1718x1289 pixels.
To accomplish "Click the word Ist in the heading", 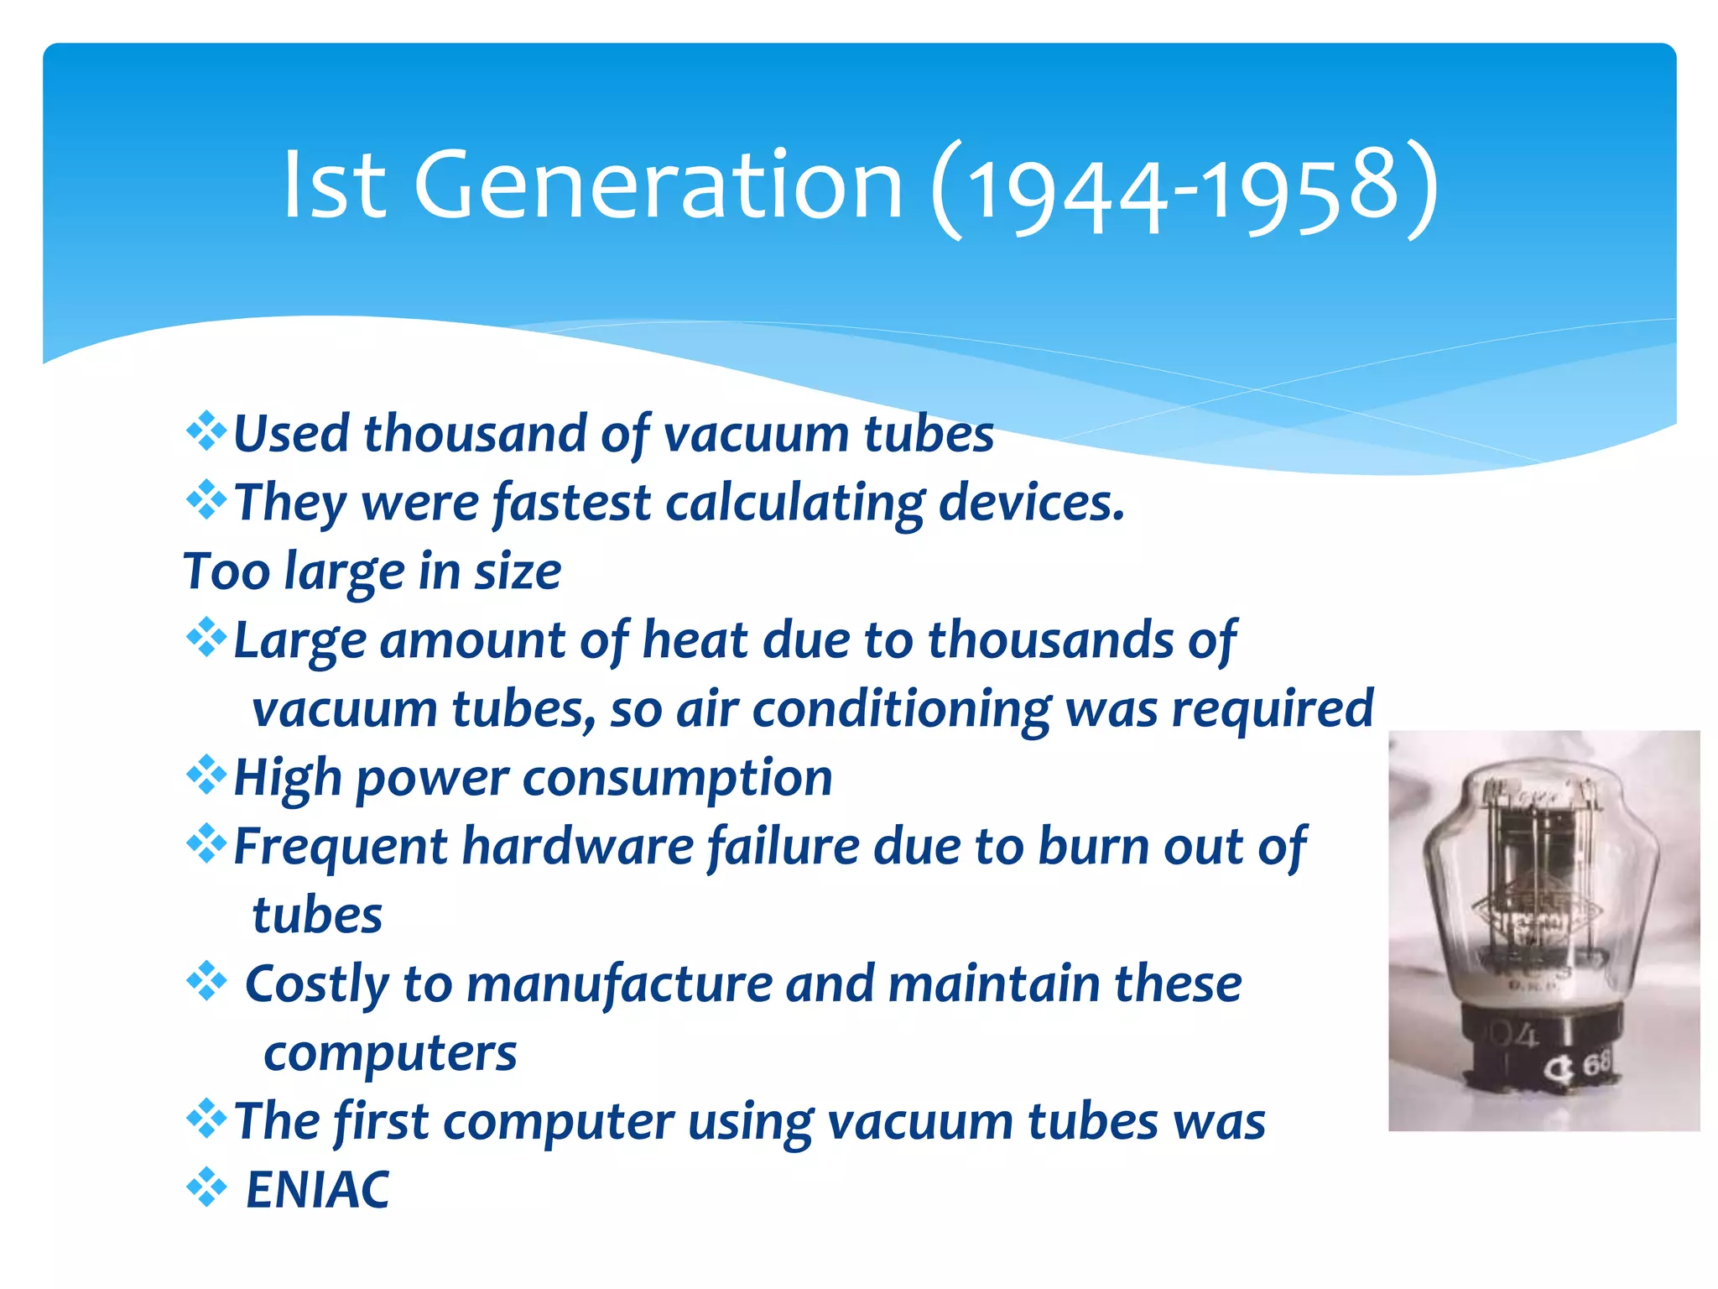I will (x=334, y=186).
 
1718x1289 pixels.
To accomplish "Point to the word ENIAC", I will (x=317, y=1189).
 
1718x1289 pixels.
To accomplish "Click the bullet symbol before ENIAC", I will (x=206, y=1188).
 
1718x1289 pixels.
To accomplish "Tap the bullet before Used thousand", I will (x=206, y=432).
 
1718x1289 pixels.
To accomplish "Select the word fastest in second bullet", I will (x=571, y=503).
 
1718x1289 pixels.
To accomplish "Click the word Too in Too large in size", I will (x=226, y=571).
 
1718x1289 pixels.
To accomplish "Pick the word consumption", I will (x=677, y=778).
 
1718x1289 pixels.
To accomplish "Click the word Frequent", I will (x=340, y=846).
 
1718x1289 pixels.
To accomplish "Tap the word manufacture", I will (x=619, y=984).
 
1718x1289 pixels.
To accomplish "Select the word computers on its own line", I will (x=389, y=1053).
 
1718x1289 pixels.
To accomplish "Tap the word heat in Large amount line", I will (x=695, y=640).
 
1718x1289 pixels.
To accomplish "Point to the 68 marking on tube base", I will (x=1596, y=1064).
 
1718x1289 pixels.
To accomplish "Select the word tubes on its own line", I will (x=317, y=915).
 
